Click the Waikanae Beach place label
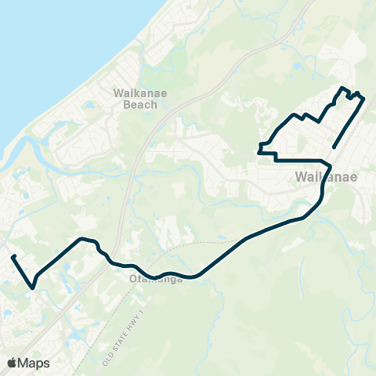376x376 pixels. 135,97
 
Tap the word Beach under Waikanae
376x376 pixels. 135,103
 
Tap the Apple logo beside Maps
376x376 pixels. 12,363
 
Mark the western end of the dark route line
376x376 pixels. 13,256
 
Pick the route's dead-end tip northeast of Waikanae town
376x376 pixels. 334,147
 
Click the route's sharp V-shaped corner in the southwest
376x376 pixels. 32,287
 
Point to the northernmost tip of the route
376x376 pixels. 342,87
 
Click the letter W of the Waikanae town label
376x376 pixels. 302,178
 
